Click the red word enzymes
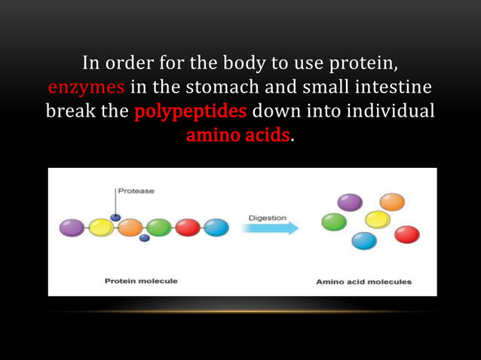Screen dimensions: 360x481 point(86,85)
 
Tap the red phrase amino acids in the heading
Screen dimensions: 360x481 point(237,137)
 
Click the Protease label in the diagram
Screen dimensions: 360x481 point(136,191)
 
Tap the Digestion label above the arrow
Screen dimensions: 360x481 point(268,218)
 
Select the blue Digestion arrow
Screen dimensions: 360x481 point(270,228)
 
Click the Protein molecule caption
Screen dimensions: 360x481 point(141,281)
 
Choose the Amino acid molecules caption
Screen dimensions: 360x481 point(363,281)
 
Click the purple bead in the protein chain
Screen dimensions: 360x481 point(72,227)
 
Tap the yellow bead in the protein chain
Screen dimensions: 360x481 point(101,227)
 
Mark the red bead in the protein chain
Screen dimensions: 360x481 point(188,227)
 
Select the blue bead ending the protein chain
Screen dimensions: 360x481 point(216,227)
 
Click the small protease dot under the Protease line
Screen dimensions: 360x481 point(115,218)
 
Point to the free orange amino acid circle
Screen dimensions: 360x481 point(391,202)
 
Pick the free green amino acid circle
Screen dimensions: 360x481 point(334,221)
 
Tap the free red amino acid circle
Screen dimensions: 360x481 point(406,234)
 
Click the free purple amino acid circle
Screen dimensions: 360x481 point(349,202)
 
